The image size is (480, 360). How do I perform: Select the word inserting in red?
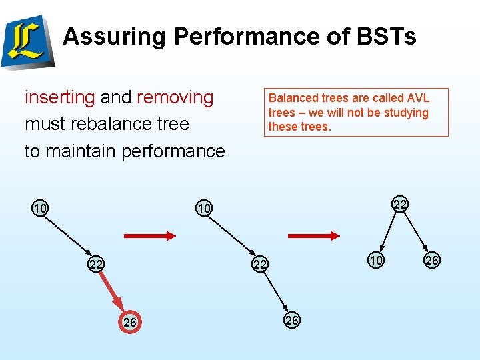pos(60,97)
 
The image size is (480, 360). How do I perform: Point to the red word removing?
pos(175,97)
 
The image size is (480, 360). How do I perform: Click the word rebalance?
pos(107,124)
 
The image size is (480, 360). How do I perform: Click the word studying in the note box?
pos(406,113)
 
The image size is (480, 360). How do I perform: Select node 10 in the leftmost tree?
pos(40,209)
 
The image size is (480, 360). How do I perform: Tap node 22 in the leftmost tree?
pos(96,265)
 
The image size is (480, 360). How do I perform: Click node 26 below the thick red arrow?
pos(131,323)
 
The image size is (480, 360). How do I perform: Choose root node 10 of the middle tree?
pos(203,209)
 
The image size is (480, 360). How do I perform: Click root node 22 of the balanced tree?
pos(399,203)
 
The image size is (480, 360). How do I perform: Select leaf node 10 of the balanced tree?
pos(376,261)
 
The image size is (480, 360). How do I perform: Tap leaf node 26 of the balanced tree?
pos(432,261)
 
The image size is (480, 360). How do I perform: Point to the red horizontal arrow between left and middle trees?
pos(150,235)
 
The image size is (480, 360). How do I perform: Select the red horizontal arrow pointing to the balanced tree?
pos(314,235)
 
